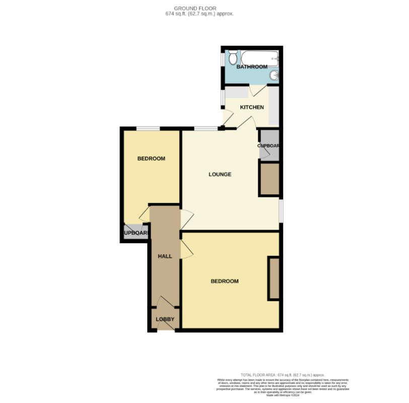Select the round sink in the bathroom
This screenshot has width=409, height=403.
[274, 76]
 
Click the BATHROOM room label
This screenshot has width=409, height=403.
[252, 67]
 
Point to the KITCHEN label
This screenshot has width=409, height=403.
[252, 107]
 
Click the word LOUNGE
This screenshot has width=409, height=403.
[220, 174]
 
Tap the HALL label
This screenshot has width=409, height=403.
[165, 256]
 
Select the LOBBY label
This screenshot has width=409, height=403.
[164, 319]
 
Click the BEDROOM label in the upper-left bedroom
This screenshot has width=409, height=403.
[151, 159]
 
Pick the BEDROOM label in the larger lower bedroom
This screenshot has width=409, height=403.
[225, 281]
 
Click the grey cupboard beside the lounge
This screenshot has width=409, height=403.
[269, 145]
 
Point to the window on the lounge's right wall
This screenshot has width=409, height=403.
[281, 211]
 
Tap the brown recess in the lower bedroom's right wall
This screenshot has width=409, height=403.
[274, 279]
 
